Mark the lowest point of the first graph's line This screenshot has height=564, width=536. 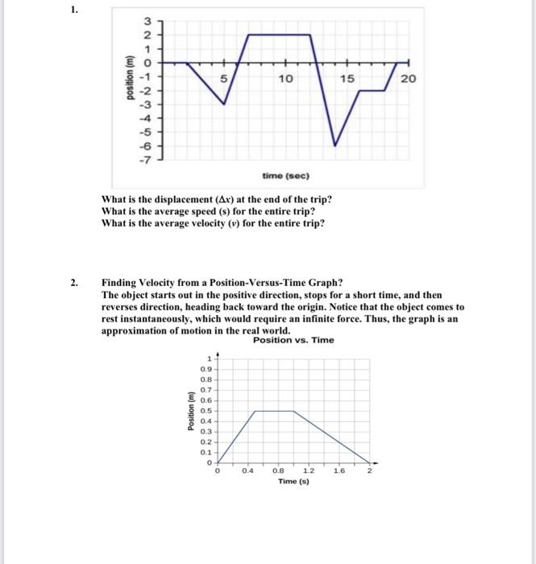click(x=336, y=146)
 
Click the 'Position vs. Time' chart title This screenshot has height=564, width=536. click(x=293, y=340)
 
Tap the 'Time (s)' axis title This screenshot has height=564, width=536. click(x=293, y=481)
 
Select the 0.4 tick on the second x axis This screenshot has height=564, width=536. click(x=247, y=471)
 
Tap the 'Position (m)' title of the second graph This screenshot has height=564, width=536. click(x=190, y=410)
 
